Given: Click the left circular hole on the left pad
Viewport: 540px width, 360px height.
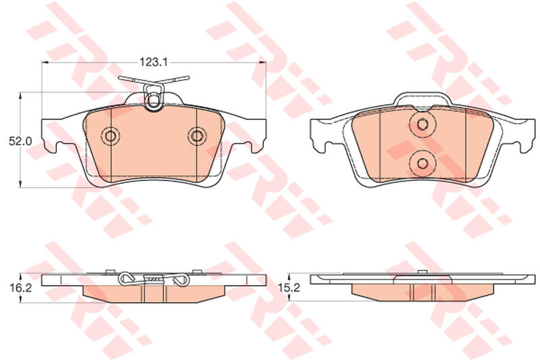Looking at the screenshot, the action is tap(111, 136).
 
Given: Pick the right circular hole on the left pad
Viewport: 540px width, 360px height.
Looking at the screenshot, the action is tap(197, 136).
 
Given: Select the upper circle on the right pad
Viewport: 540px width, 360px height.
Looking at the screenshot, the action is tap(423, 124).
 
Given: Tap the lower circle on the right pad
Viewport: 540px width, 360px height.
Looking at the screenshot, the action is tap(423, 163).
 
